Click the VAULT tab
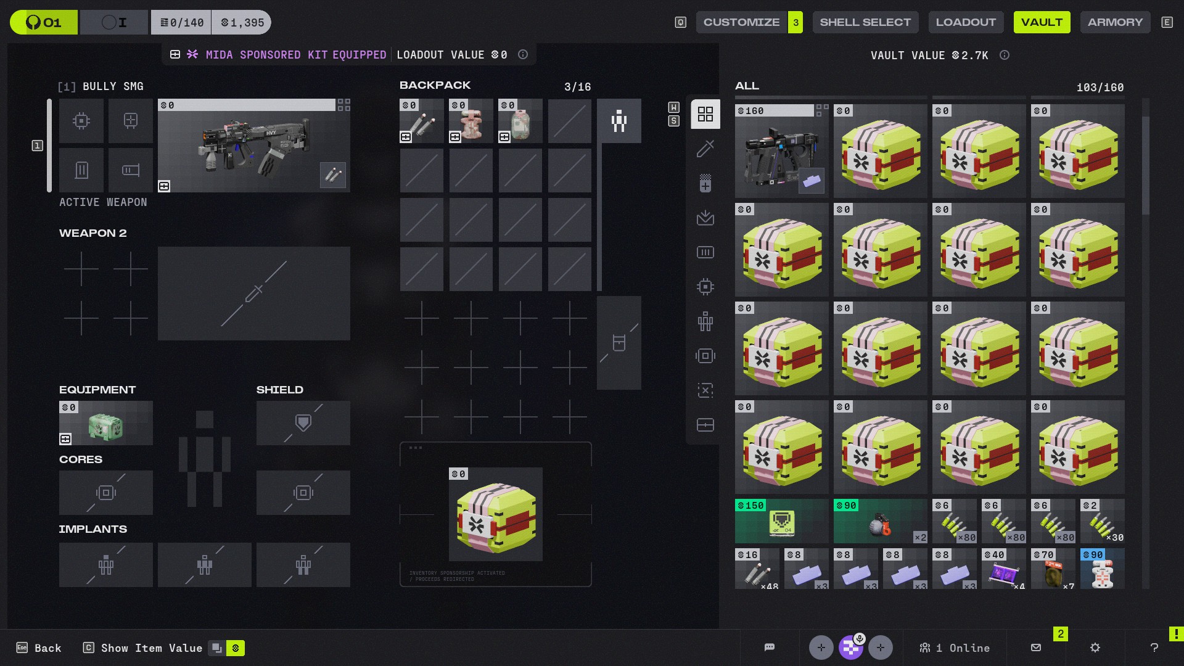[x=1042, y=22]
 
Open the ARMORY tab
[x=1115, y=22]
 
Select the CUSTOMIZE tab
[x=741, y=22]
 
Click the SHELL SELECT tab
[x=865, y=22]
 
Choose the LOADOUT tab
[x=966, y=22]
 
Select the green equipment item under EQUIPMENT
[x=106, y=424]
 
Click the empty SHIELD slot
[x=303, y=423]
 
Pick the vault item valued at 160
[x=781, y=151]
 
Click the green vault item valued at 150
[x=781, y=521]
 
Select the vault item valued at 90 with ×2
[x=880, y=521]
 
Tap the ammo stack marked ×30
[x=1102, y=521]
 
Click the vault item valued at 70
[x=1053, y=569]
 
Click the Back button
[x=39, y=648]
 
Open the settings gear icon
[x=1095, y=647]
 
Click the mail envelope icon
[x=1036, y=647]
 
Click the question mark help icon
[x=1154, y=647]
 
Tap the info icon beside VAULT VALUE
[x=1005, y=55]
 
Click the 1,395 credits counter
[x=242, y=23]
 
